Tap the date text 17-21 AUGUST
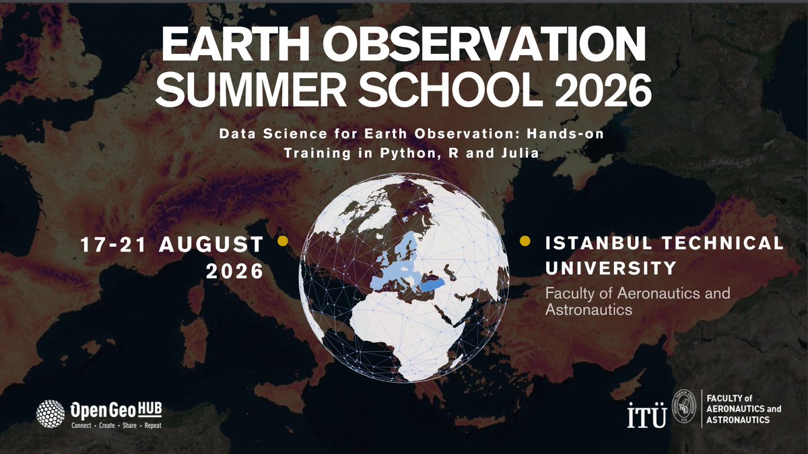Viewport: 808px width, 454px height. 172,245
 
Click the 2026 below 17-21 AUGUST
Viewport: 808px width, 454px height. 234,272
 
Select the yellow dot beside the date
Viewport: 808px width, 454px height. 283,240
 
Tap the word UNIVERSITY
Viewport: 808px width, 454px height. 610,268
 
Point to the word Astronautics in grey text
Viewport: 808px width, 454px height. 588,310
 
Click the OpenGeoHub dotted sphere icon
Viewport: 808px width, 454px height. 50,414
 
